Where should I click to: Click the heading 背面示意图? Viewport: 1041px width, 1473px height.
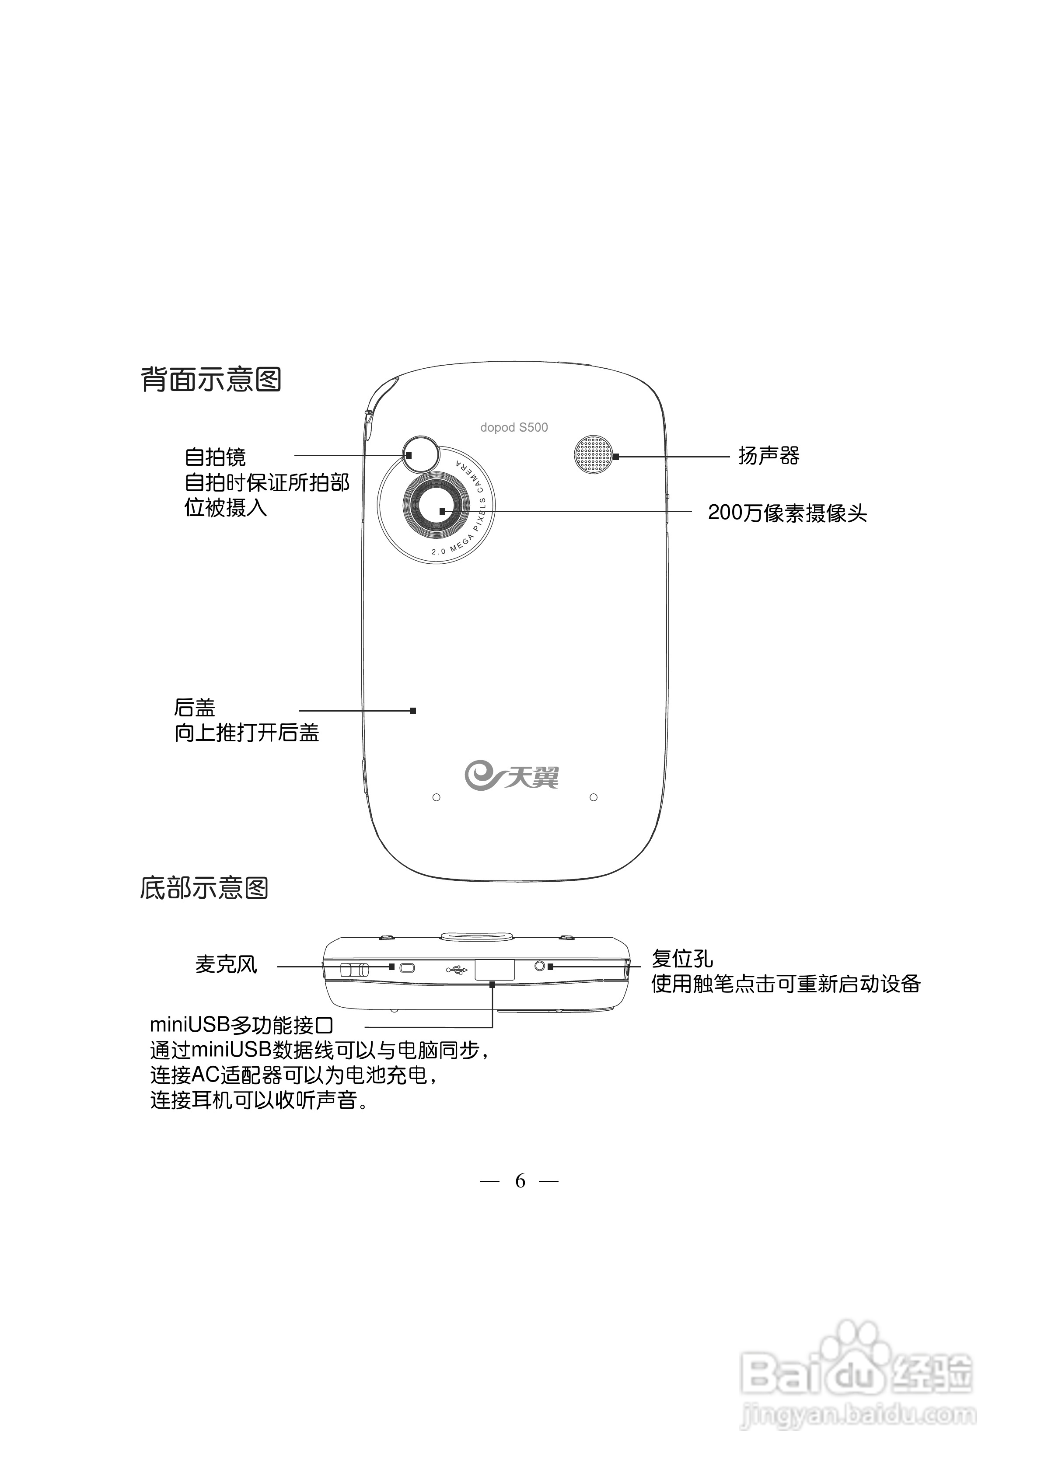pos(211,379)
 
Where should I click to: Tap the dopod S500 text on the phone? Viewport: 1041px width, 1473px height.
pos(514,427)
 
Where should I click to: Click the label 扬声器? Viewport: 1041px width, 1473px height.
pos(768,456)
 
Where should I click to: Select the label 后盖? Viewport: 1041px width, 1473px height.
pos(195,708)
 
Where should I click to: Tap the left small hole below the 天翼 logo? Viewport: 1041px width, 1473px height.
pos(437,797)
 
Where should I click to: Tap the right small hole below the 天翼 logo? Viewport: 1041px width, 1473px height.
pos(594,797)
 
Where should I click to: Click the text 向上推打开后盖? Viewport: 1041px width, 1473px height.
pos(246,733)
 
